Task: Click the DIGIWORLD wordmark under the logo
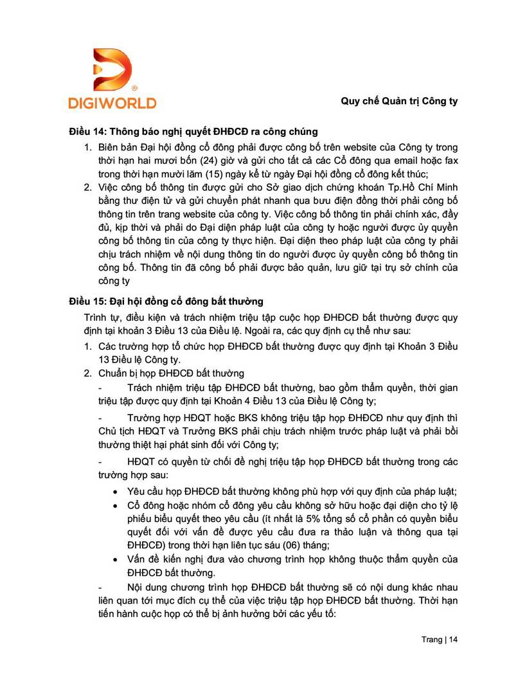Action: click(x=112, y=102)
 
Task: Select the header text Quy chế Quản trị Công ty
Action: click(x=398, y=101)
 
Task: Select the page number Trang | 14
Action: click(x=440, y=640)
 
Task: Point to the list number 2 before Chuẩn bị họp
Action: click(x=88, y=373)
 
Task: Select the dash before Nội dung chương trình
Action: click(x=100, y=588)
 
